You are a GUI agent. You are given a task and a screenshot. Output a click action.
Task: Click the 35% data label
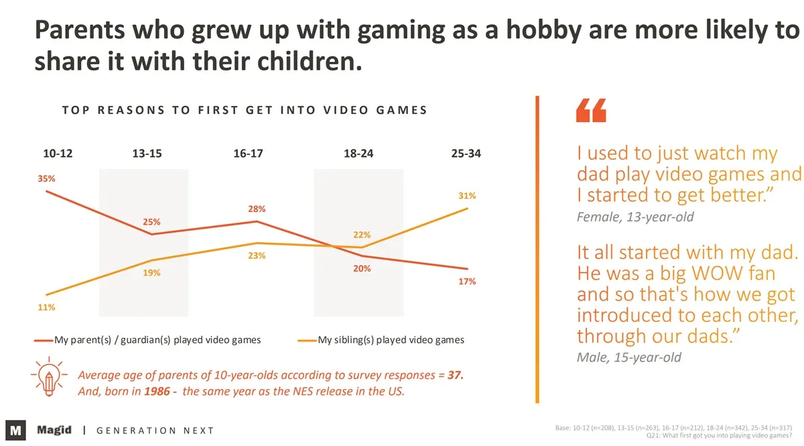[x=46, y=179]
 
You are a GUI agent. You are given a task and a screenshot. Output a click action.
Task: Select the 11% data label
[x=46, y=307]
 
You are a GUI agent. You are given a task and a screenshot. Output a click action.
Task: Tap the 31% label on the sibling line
[x=468, y=196]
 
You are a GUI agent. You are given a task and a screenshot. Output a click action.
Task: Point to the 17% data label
[x=468, y=282]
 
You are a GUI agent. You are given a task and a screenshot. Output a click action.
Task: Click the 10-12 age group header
[x=58, y=154]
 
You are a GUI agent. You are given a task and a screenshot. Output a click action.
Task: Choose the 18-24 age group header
[x=358, y=154]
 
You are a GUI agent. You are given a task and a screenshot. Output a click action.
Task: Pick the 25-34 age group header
[x=466, y=154]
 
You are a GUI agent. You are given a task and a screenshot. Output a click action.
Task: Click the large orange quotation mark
[x=591, y=111]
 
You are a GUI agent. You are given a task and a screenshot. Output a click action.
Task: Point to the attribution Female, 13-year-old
[x=635, y=217]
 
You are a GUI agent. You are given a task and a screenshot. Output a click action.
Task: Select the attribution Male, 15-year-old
[x=628, y=357]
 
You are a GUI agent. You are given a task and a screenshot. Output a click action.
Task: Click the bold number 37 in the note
[x=456, y=376]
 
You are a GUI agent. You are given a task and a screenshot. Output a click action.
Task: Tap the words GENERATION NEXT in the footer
[x=155, y=431]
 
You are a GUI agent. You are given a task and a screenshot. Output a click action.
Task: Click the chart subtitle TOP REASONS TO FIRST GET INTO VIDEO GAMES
[x=245, y=110]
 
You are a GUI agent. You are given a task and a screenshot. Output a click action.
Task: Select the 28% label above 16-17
[x=257, y=209]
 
